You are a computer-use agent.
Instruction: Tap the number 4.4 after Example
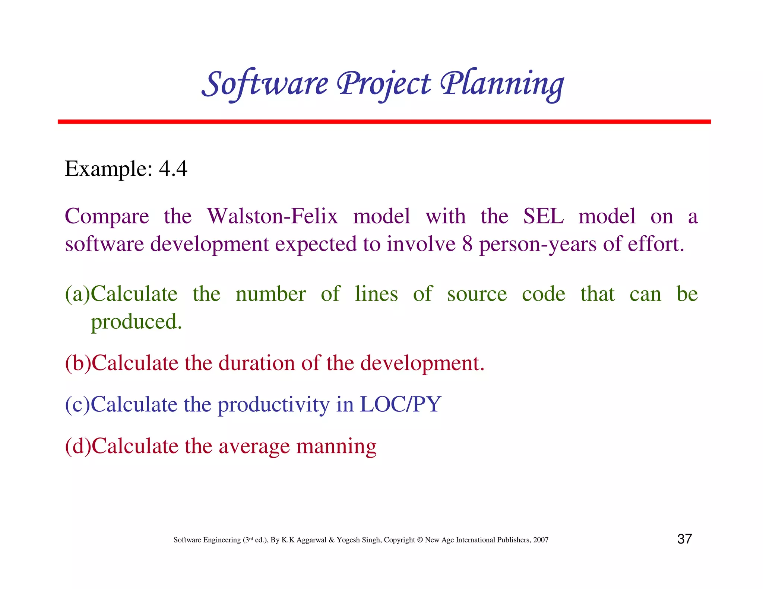click(173, 169)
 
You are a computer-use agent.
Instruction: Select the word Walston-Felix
click(272, 216)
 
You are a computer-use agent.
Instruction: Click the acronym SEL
click(543, 216)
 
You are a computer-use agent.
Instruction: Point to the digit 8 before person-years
click(467, 244)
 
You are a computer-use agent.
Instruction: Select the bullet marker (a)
click(77, 294)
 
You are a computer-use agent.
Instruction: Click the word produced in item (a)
click(136, 322)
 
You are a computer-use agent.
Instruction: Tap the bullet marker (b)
click(78, 363)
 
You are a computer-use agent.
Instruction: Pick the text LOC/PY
click(401, 404)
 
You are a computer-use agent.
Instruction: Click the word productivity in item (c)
click(273, 405)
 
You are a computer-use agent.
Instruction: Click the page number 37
click(684, 539)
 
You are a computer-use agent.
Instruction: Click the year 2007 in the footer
click(541, 540)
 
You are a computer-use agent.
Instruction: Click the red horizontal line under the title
click(384, 122)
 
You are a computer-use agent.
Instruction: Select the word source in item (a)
click(477, 294)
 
